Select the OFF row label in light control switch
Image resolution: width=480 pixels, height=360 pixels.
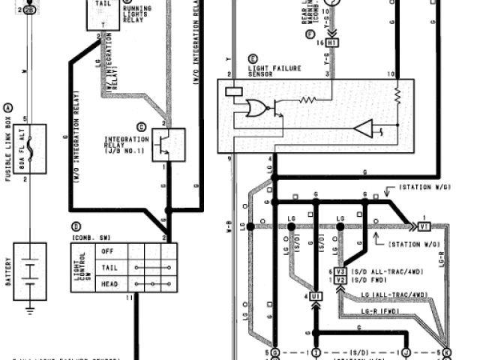[106, 251]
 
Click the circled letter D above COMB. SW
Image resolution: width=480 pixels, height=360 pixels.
[75, 226]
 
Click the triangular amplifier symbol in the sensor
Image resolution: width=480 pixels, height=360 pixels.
[363, 129]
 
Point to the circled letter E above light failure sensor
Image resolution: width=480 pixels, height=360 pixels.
[252, 58]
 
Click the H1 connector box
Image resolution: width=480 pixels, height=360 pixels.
[333, 43]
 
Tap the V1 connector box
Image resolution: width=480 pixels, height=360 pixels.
[424, 226]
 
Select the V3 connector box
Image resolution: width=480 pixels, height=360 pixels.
[340, 271]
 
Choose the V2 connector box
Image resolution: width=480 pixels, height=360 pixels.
[340, 280]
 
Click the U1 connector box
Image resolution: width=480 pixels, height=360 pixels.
[315, 298]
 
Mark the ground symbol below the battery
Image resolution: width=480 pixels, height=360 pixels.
[29, 306]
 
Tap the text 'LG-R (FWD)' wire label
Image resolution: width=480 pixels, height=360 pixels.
[379, 310]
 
